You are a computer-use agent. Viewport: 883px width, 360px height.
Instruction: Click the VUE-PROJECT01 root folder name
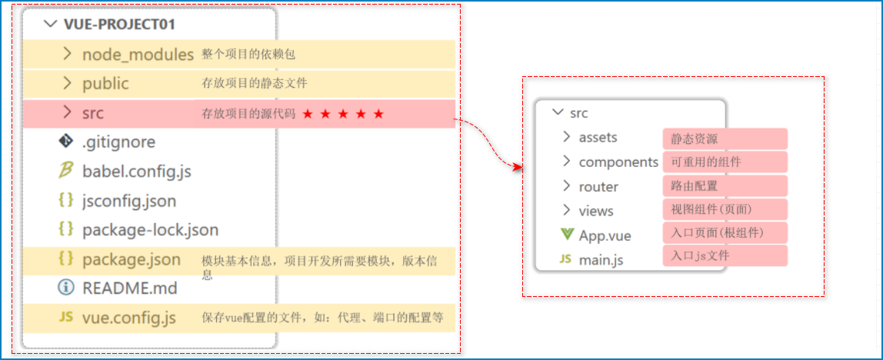[x=119, y=24]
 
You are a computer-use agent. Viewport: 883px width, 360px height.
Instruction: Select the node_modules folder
[x=138, y=55]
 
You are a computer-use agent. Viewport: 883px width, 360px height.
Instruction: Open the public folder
[x=105, y=84]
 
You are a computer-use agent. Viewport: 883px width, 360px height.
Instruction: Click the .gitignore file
[x=118, y=142]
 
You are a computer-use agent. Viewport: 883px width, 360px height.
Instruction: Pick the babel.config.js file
[x=136, y=172]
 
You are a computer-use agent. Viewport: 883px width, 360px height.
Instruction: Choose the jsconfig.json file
[x=128, y=201]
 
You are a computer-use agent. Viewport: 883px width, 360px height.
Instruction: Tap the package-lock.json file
[x=150, y=230]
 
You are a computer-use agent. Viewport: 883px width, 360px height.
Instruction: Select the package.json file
[x=131, y=259]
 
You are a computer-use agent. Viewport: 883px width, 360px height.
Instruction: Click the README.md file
[x=129, y=288]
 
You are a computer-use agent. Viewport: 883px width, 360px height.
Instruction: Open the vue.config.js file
[x=128, y=318]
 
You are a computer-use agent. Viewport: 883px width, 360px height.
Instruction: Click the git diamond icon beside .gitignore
[x=66, y=142]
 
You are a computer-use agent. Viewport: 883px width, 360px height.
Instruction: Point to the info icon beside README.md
[x=66, y=288]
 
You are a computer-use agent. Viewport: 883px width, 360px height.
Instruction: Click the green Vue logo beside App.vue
[x=567, y=235]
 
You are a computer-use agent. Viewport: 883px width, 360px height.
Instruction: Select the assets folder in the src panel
[x=598, y=138]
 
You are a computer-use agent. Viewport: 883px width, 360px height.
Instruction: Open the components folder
[x=618, y=162]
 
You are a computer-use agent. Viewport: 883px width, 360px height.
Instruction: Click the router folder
[x=598, y=186]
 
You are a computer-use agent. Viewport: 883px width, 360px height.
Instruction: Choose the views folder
[x=596, y=211]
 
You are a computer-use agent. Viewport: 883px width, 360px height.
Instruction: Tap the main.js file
[x=601, y=260]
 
